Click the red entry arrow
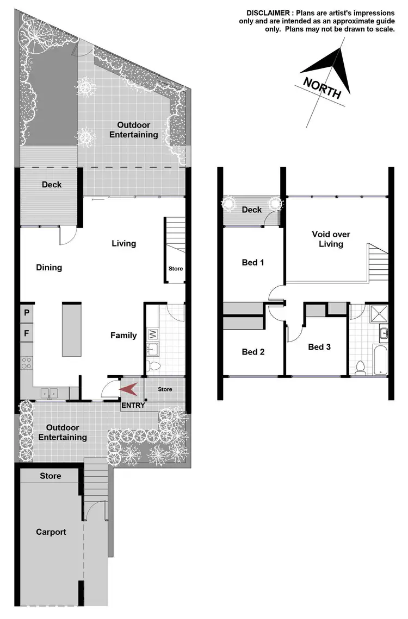pyautogui.click(x=128, y=389)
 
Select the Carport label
pyautogui.click(x=51, y=532)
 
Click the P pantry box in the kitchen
pyautogui.click(x=26, y=313)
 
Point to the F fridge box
pyautogui.click(x=26, y=333)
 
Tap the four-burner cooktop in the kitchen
pyautogui.click(x=26, y=362)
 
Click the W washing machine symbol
pyautogui.click(x=153, y=333)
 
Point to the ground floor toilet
pyautogui.click(x=154, y=367)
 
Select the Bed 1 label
pyautogui.click(x=253, y=263)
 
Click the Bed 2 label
pyautogui.click(x=253, y=352)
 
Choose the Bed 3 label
pyautogui.click(x=319, y=347)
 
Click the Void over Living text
pyautogui.click(x=331, y=239)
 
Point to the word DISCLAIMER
pyautogui.click(x=270, y=12)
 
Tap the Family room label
pyautogui.click(x=123, y=336)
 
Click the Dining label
pyautogui.click(x=49, y=268)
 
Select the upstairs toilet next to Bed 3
pyautogui.click(x=359, y=368)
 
